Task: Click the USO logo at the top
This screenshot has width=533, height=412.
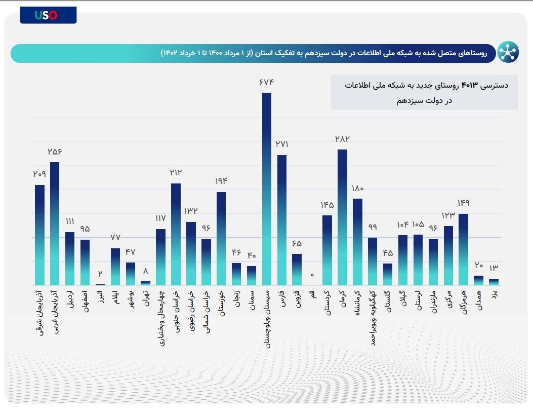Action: [48, 15]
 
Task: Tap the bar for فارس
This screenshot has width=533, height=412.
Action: [282, 220]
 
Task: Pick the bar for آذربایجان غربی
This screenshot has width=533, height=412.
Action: [55, 223]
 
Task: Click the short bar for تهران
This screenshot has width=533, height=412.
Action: [145, 283]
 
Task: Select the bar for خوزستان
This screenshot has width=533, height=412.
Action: [221, 238]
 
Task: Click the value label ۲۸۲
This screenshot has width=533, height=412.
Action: [342, 139]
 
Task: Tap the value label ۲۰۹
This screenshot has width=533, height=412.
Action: [39, 174]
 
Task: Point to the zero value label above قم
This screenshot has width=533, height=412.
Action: [312, 275]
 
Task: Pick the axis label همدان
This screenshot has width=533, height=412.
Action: [478, 299]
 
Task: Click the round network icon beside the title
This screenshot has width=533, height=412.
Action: [508, 52]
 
